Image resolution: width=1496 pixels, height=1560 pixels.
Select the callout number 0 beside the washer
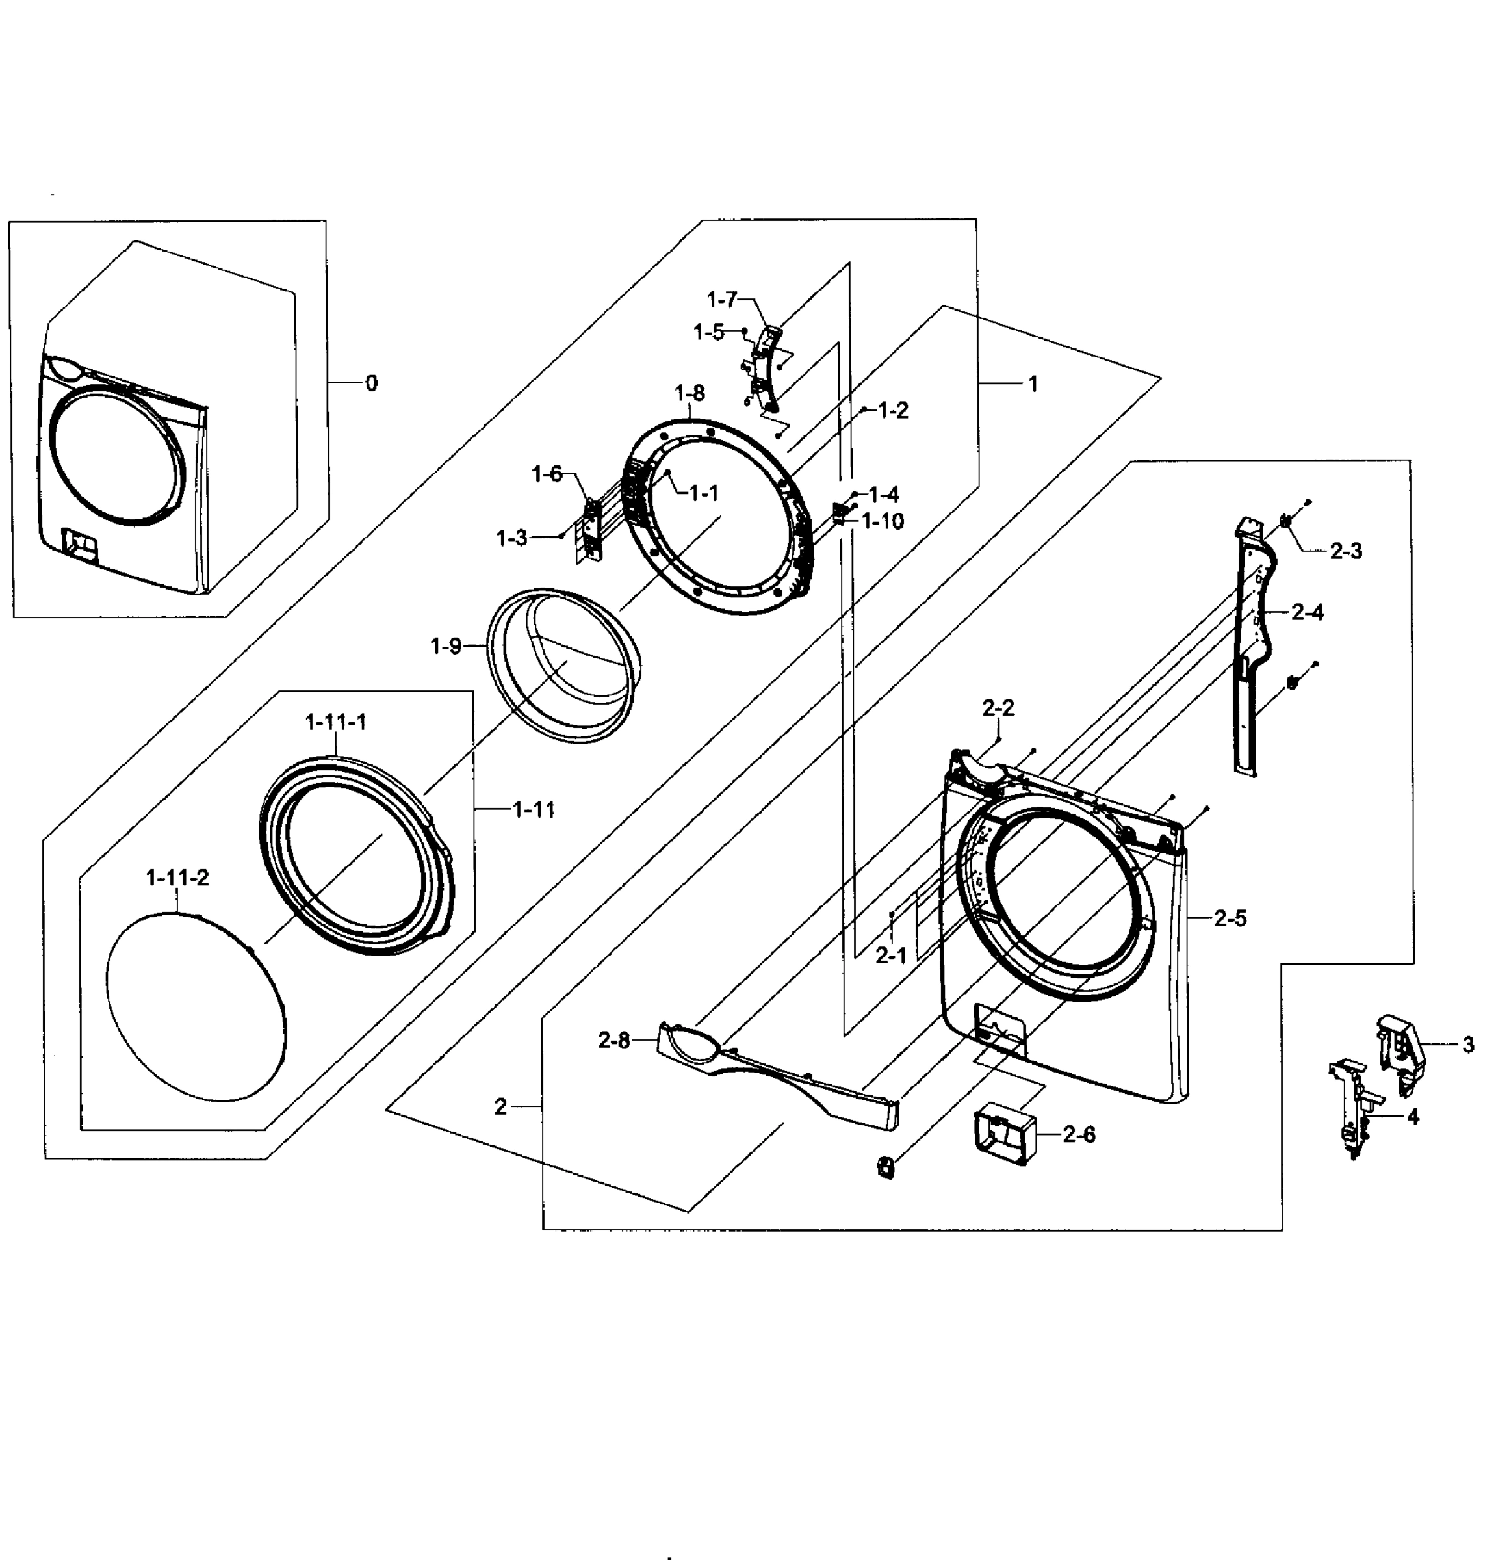tap(371, 383)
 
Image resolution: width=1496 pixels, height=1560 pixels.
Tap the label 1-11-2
tap(177, 878)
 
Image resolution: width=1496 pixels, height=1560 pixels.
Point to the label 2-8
tap(613, 1040)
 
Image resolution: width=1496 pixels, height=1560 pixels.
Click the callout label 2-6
tap(1078, 1135)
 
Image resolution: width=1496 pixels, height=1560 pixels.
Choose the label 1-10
tap(883, 521)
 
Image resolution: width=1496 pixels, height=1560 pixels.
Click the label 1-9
tap(446, 646)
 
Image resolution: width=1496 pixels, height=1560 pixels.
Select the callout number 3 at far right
tap(1467, 1045)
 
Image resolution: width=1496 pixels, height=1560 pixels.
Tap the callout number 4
tap(1412, 1117)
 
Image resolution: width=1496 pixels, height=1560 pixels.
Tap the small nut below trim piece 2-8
tap(884, 1167)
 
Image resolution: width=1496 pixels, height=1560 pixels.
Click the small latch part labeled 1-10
tap(839, 513)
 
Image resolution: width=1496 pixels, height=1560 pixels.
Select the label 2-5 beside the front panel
tap(1230, 918)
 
